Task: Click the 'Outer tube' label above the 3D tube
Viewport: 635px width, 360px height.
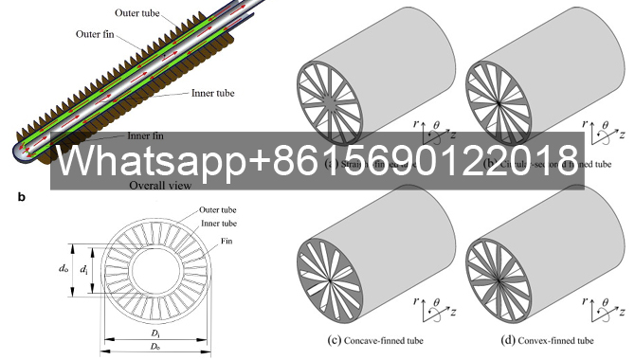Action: pyautogui.click(x=133, y=12)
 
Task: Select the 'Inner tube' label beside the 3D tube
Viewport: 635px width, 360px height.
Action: pyautogui.click(x=212, y=93)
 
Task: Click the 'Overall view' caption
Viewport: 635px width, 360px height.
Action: pyautogui.click(x=161, y=186)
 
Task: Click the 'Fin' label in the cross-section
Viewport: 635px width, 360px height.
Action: pyautogui.click(x=228, y=242)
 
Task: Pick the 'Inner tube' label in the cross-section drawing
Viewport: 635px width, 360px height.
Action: pyautogui.click(x=217, y=223)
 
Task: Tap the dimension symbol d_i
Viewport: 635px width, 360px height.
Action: pyautogui.click(x=85, y=270)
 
